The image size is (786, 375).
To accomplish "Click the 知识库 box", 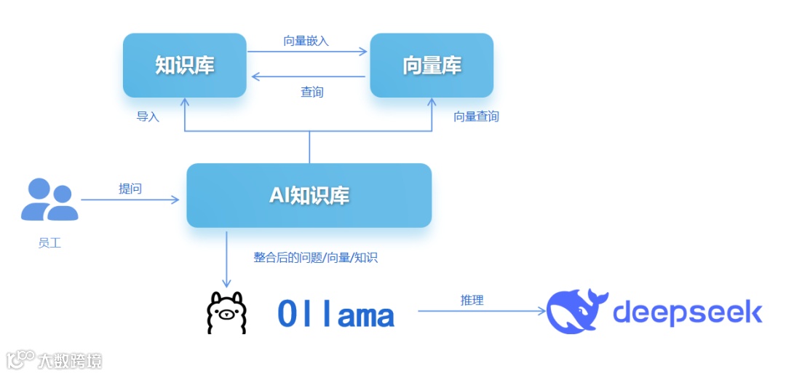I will coord(185,66).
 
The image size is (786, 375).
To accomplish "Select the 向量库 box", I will coord(432,66).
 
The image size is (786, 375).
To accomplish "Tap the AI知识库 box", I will coord(309,195).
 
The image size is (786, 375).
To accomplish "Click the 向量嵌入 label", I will coord(306,41).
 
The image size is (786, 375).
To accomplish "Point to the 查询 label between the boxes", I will coord(312,92).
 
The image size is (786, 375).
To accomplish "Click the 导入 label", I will coord(148,117).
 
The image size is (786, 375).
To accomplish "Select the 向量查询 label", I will coord(477,117).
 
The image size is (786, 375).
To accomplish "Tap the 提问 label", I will coord(130,189).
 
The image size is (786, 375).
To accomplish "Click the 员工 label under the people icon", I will coord(49,243).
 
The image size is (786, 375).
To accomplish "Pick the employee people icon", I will coord(49,200).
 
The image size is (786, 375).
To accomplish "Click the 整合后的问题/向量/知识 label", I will coord(315,258).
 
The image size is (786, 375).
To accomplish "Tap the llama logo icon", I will coord(226,312).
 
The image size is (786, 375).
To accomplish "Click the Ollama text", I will coord(336,315).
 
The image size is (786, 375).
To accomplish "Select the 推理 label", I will coord(472,300).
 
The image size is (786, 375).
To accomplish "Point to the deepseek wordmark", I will coord(687,312).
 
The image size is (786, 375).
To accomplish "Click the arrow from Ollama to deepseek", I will coord(481,312).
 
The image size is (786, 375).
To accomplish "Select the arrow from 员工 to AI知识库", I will coord(130,199).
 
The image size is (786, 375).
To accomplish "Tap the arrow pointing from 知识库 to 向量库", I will coord(306,52).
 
